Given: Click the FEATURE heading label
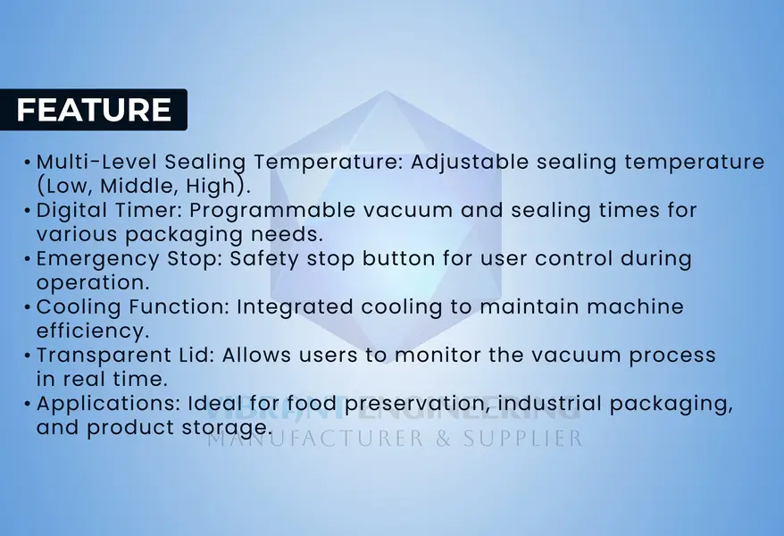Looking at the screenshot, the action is (94, 110).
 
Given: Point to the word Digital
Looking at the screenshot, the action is (71, 211).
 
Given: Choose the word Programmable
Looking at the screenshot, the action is (272, 211).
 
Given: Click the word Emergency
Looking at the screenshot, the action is (98, 259).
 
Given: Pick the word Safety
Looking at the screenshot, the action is (264, 259).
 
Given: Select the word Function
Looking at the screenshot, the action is (179, 307).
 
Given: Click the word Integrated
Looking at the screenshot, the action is (295, 307).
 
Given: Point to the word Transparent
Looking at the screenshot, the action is (104, 356).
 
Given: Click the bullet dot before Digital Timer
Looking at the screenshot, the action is (28, 211).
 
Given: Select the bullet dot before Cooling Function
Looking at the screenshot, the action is (28, 307).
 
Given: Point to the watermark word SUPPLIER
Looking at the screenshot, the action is (522, 439).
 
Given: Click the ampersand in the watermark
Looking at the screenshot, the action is (444, 439).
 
